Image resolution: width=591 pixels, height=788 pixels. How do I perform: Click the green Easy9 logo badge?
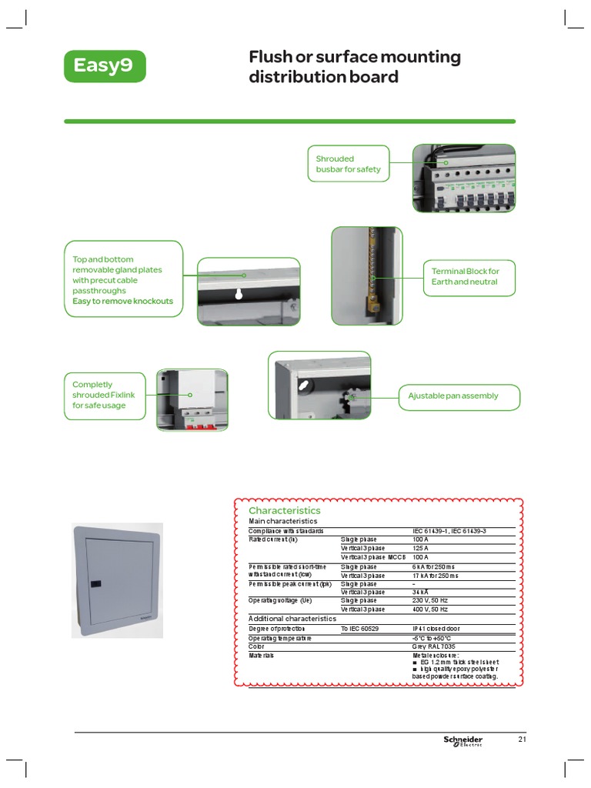103,65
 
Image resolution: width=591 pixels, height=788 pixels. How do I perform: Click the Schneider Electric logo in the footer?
462,741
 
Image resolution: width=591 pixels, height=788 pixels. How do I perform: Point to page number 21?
522,740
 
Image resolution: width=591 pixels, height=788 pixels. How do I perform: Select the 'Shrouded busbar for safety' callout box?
348,164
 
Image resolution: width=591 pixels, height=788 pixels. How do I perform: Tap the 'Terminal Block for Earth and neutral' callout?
469,276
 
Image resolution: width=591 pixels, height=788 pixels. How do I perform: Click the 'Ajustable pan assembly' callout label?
459,396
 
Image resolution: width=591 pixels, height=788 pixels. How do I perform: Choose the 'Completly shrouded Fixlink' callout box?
104,395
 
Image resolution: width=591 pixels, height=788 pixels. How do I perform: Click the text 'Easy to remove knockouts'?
123,302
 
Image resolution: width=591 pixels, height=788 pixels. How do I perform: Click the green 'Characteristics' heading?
284,510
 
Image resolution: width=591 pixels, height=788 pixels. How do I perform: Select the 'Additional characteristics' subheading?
292,619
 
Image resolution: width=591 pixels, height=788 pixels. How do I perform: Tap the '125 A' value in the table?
421,548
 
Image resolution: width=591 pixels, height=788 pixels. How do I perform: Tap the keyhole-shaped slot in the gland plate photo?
239,294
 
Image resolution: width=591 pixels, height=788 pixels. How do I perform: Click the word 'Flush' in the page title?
268,58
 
